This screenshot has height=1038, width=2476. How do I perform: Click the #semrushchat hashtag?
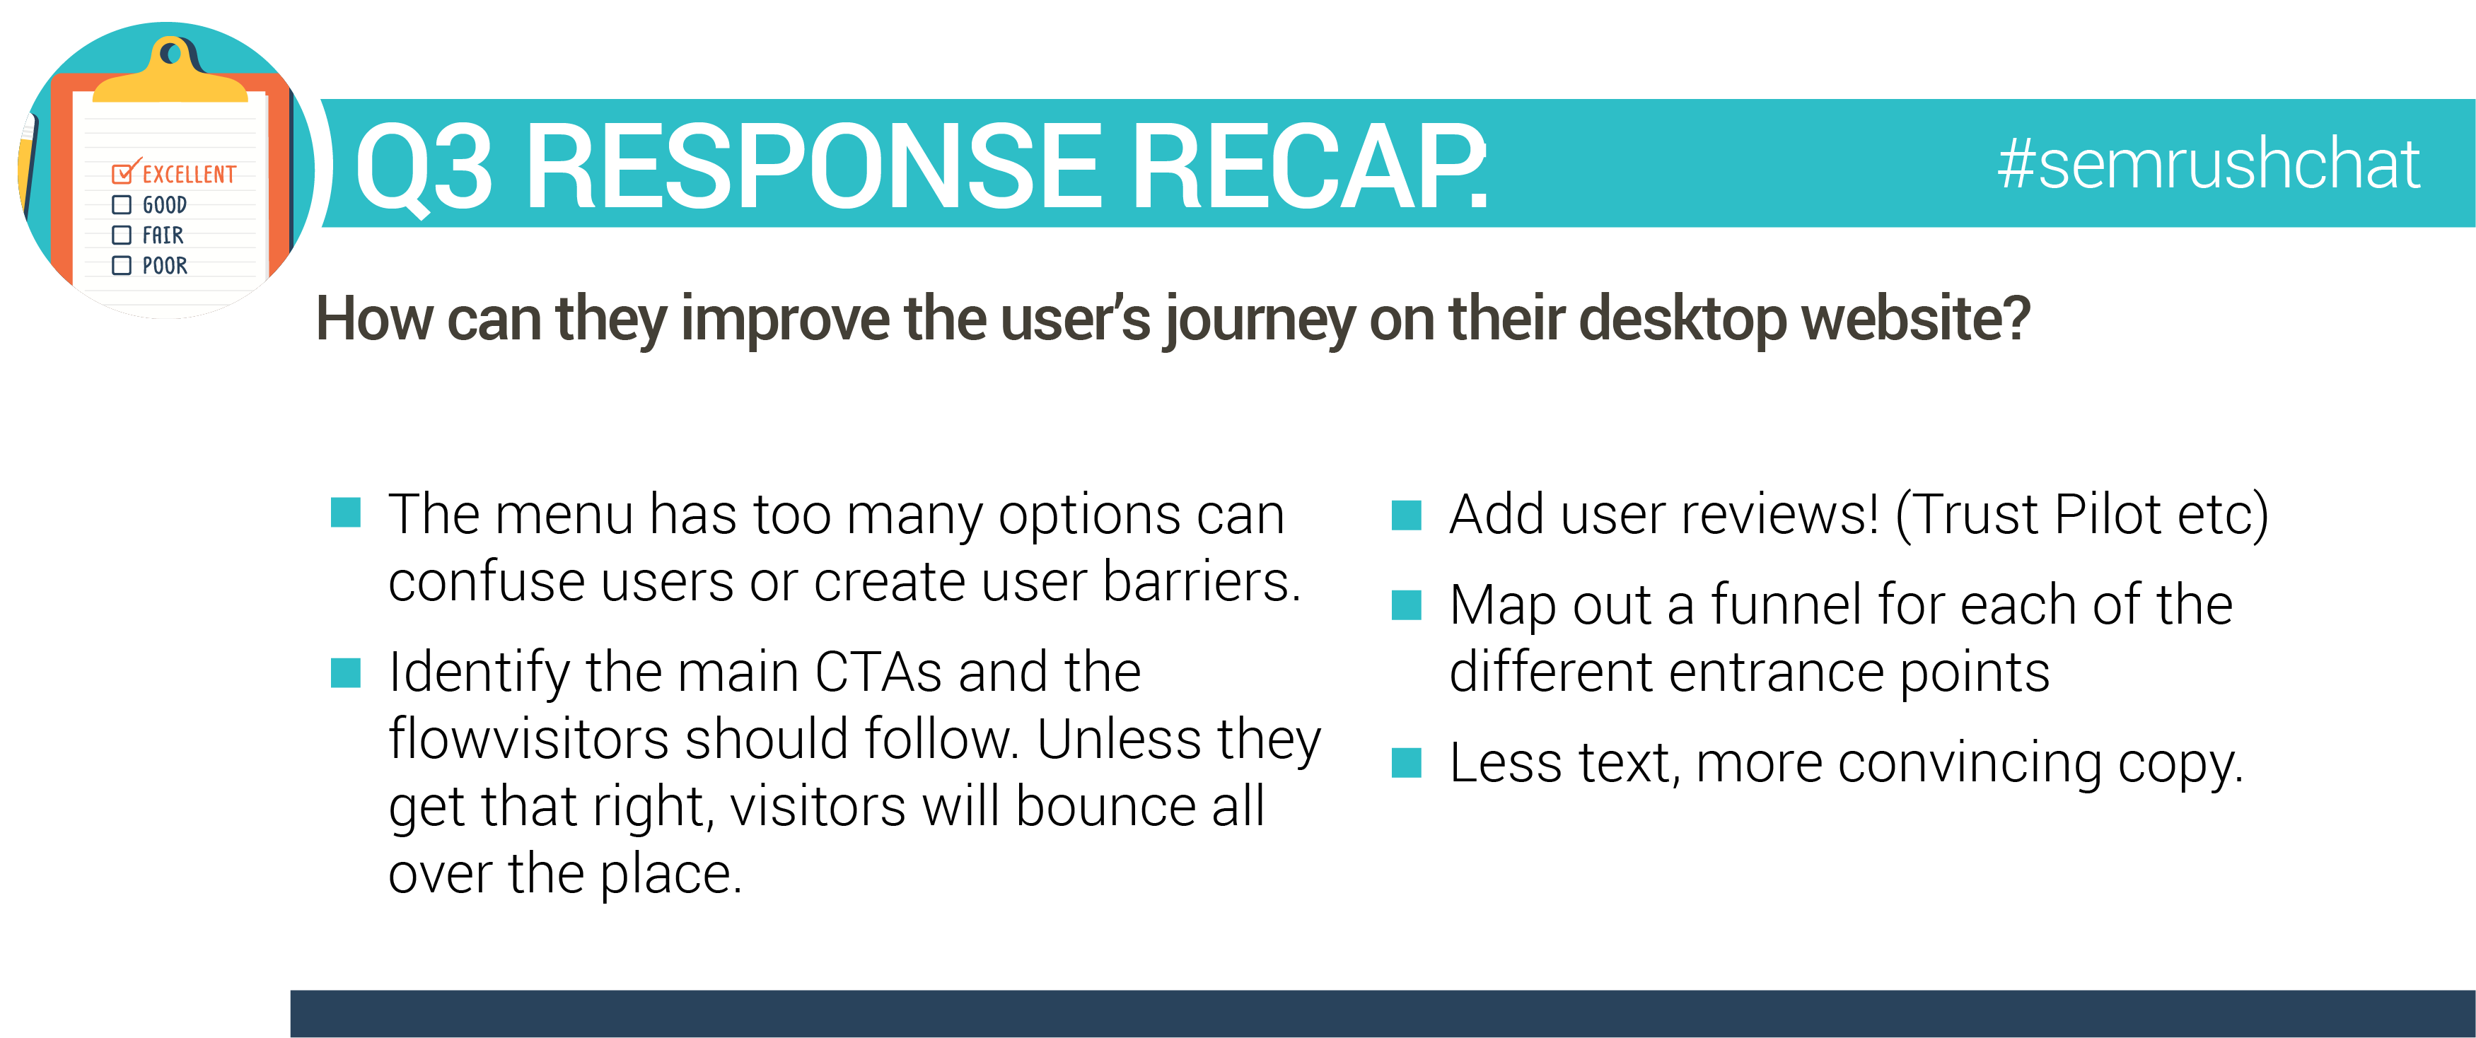(x=2208, y=164)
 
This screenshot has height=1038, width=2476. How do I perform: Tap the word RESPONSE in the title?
(x=813, y=166)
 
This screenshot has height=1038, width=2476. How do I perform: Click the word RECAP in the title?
(x=1310, y=166)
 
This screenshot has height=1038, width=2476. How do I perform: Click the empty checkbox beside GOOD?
(x=121, y=205)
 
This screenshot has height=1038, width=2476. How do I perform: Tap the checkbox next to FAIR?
(x=121, y=235)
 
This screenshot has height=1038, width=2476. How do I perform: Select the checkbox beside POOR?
(x=121, y=265)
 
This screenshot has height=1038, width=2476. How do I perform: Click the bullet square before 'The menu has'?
(x=345, y=513)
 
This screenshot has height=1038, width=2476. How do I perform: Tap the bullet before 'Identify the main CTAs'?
(x=345, y=672)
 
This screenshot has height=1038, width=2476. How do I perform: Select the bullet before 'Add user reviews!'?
(x=1406, y=515)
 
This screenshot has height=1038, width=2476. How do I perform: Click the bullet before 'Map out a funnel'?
(x=1406, y=605)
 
